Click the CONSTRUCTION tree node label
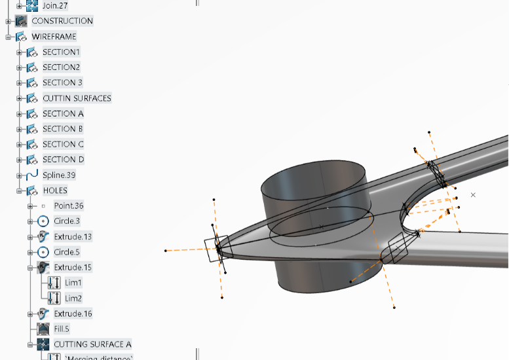(62, 21)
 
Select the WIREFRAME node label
(54, 37)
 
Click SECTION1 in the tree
(62, 52)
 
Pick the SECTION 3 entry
(63, 82)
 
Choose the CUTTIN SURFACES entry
(77, 98)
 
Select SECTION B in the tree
(64, 129)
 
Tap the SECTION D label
(64, 160)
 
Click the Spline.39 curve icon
(31, 175)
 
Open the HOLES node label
(55, 190)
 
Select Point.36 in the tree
(69, 206)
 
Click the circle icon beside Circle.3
(43, 221)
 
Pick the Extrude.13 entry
(73, 237)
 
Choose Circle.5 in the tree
(67, 252)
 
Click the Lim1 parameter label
(73, 283)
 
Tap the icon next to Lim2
(54, 298)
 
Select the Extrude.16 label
(73, 314)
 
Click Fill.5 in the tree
(62, 329)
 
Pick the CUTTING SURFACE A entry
(92, 344)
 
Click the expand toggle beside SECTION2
(20, 67)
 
